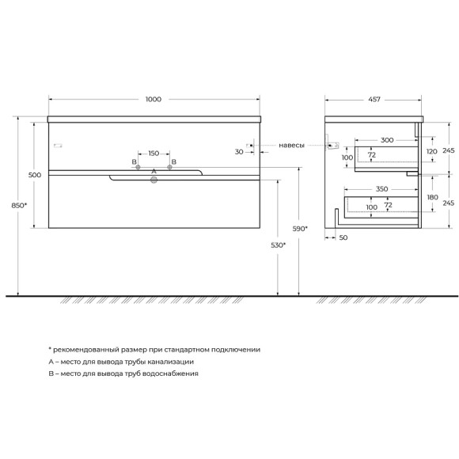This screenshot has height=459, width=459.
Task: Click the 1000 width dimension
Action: click(x=154, y=99)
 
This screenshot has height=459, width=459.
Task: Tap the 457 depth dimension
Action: click(x=374, y=100)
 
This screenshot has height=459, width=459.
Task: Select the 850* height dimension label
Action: click(x=19, y=206)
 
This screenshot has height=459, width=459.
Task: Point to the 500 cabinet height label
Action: click(x=35, y=175)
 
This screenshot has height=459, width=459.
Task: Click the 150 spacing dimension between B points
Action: click(x=154, y=154)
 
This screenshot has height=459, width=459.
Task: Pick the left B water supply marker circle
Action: click(x=138, y=167)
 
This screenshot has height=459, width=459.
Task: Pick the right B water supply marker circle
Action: click(x=169, y=167)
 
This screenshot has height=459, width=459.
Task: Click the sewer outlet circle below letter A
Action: click(x=154, y=180)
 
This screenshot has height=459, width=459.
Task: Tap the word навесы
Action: click(x=291, y=145)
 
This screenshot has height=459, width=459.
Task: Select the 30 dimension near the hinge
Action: click(x=239, y=152)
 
